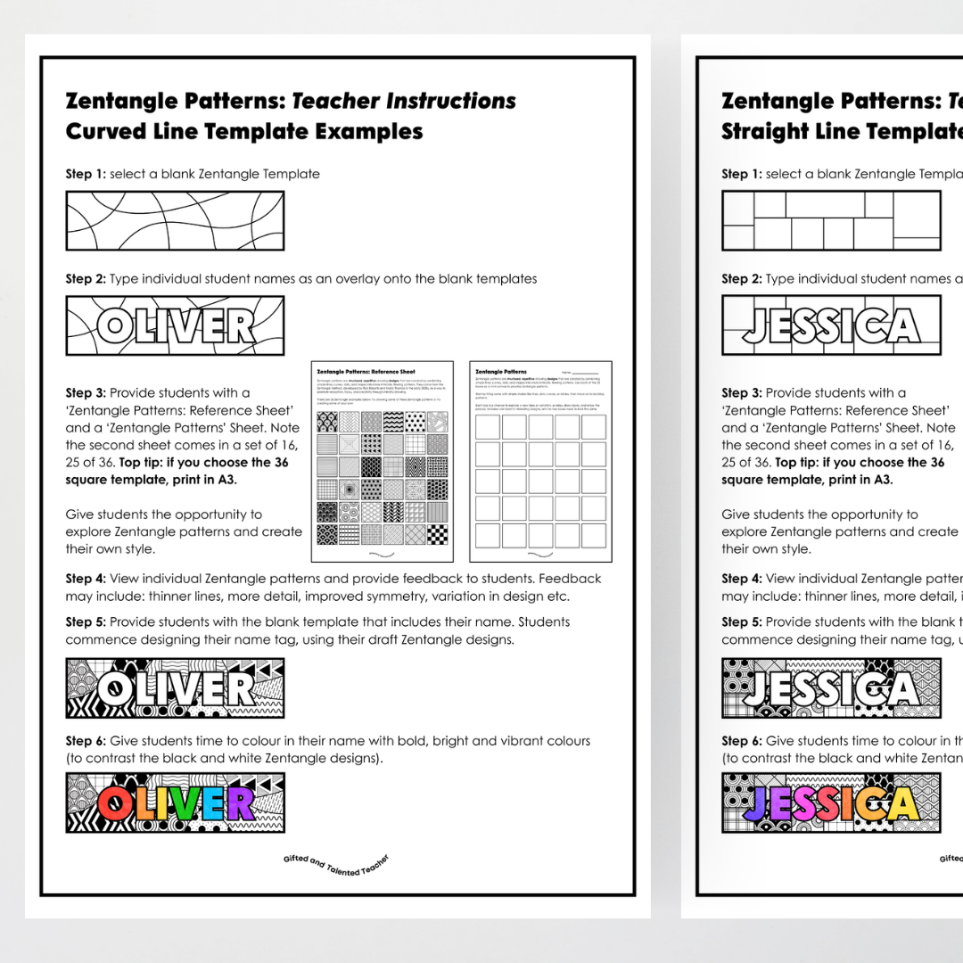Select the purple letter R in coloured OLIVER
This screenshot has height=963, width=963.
238,803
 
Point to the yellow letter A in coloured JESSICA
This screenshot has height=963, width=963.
901,803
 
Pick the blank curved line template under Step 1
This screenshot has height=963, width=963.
175,220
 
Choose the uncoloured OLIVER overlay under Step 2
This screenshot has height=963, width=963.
175,325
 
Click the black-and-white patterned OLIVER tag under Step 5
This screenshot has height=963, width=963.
175,688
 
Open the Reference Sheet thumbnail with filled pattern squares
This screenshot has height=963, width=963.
382,461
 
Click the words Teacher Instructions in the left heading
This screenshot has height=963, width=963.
404,101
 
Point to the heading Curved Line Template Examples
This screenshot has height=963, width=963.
243,132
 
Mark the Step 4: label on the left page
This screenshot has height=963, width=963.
86,579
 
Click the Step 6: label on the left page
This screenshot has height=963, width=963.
86,741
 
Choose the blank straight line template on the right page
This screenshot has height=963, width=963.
831,220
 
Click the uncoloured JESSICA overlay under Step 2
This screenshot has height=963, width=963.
831,325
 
